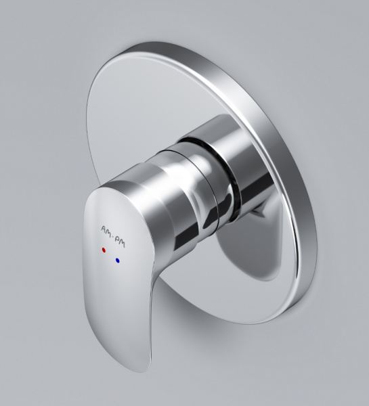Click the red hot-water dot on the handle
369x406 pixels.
tap(104, 250)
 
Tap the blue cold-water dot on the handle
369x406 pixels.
tap(118, 261)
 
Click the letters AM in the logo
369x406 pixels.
tap(106, 231)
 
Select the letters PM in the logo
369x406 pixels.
tap(120, 242)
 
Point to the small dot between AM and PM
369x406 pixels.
tap(112, 235)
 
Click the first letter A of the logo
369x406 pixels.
tap(103, 229)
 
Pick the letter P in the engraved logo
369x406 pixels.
tap(117, 240)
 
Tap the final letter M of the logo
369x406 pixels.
tap(123, 244)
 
